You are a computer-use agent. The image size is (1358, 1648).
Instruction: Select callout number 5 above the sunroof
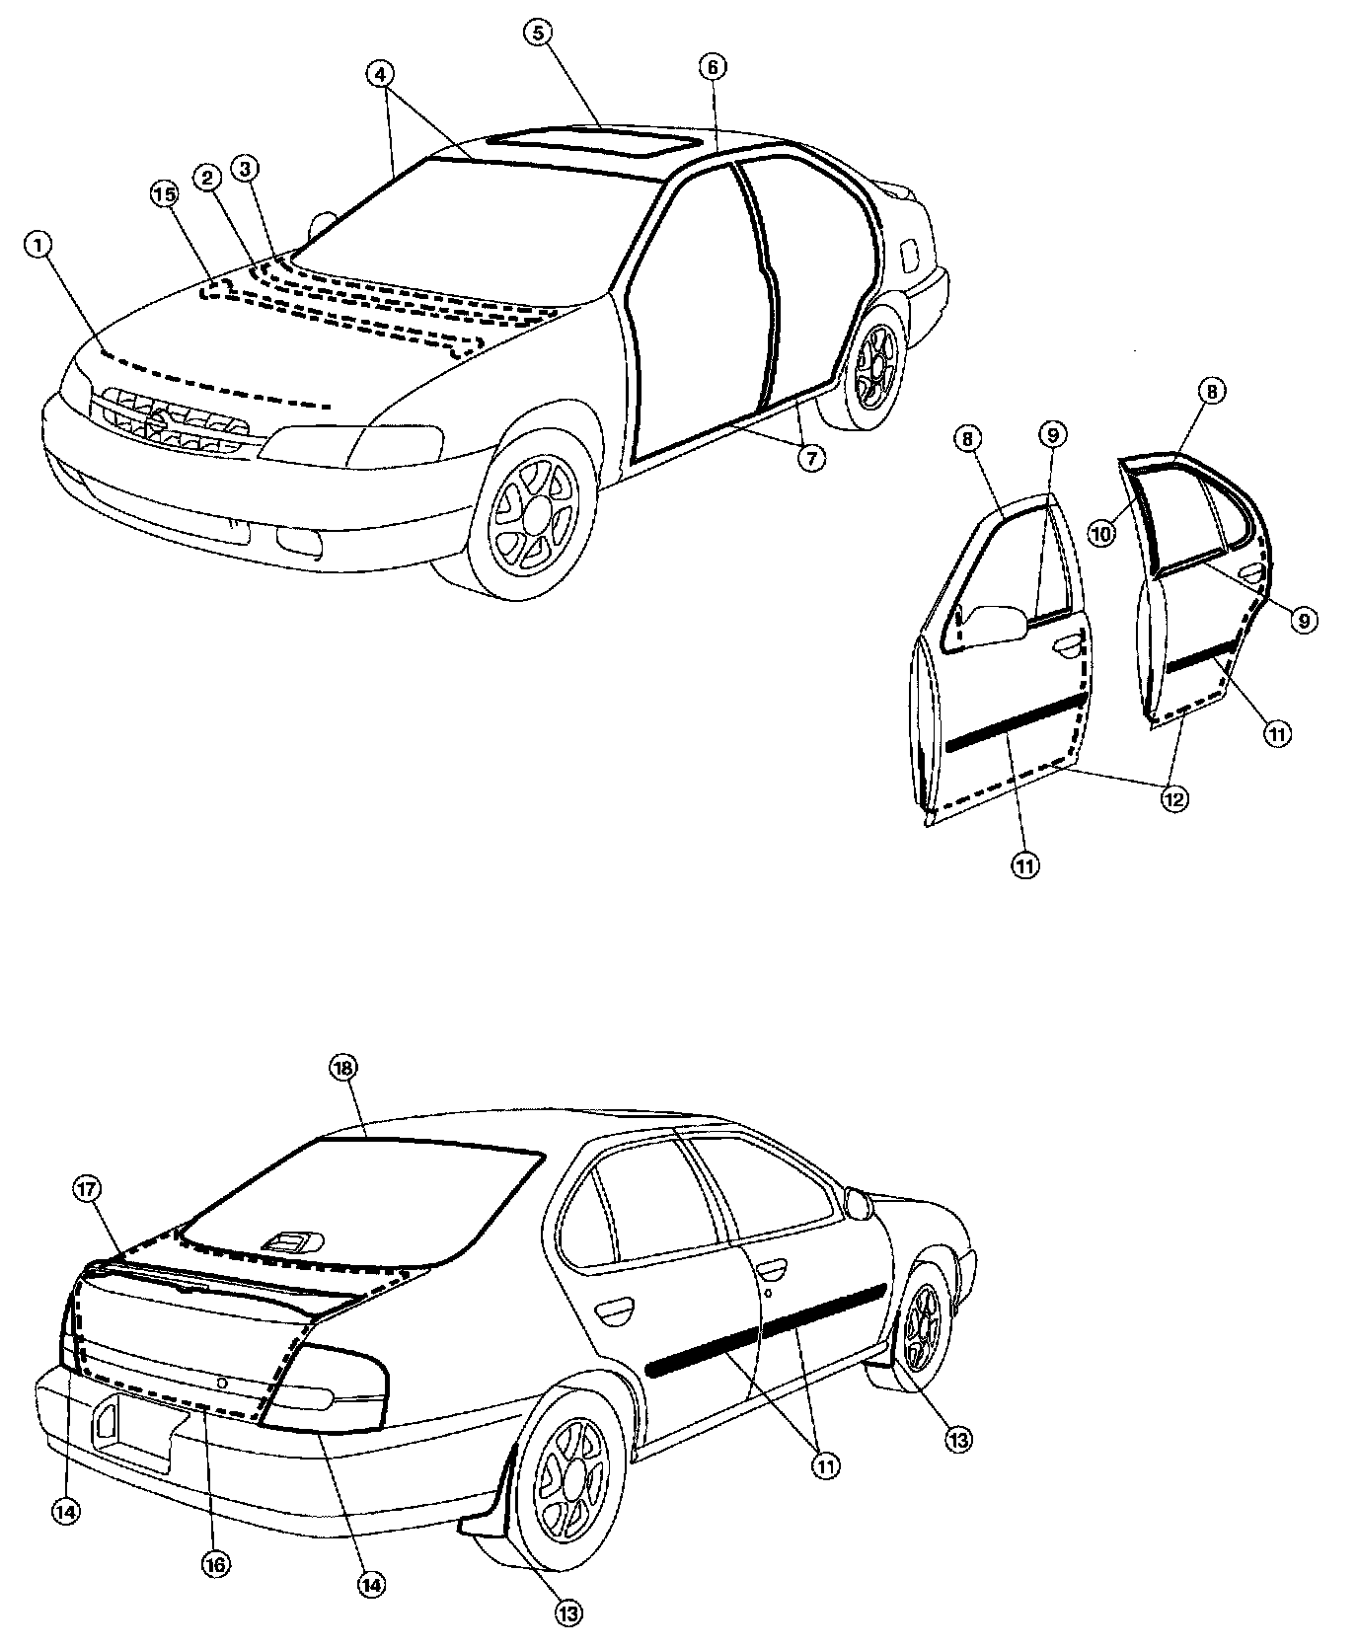point(537,33)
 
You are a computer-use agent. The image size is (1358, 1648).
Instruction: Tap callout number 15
point(165,195)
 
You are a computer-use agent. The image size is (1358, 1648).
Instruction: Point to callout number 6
point(713,67)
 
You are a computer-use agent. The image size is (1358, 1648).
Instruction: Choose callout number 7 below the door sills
point(811,458)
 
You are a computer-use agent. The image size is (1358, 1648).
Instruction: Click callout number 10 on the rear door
point(1101,533)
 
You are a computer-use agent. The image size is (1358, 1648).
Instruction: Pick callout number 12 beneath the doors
point(1172,797)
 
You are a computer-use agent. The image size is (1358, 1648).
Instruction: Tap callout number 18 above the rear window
point(345,1068)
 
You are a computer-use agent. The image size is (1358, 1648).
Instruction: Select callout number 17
point(86,1190)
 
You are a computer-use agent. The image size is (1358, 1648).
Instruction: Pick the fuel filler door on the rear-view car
point(857,1204)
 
